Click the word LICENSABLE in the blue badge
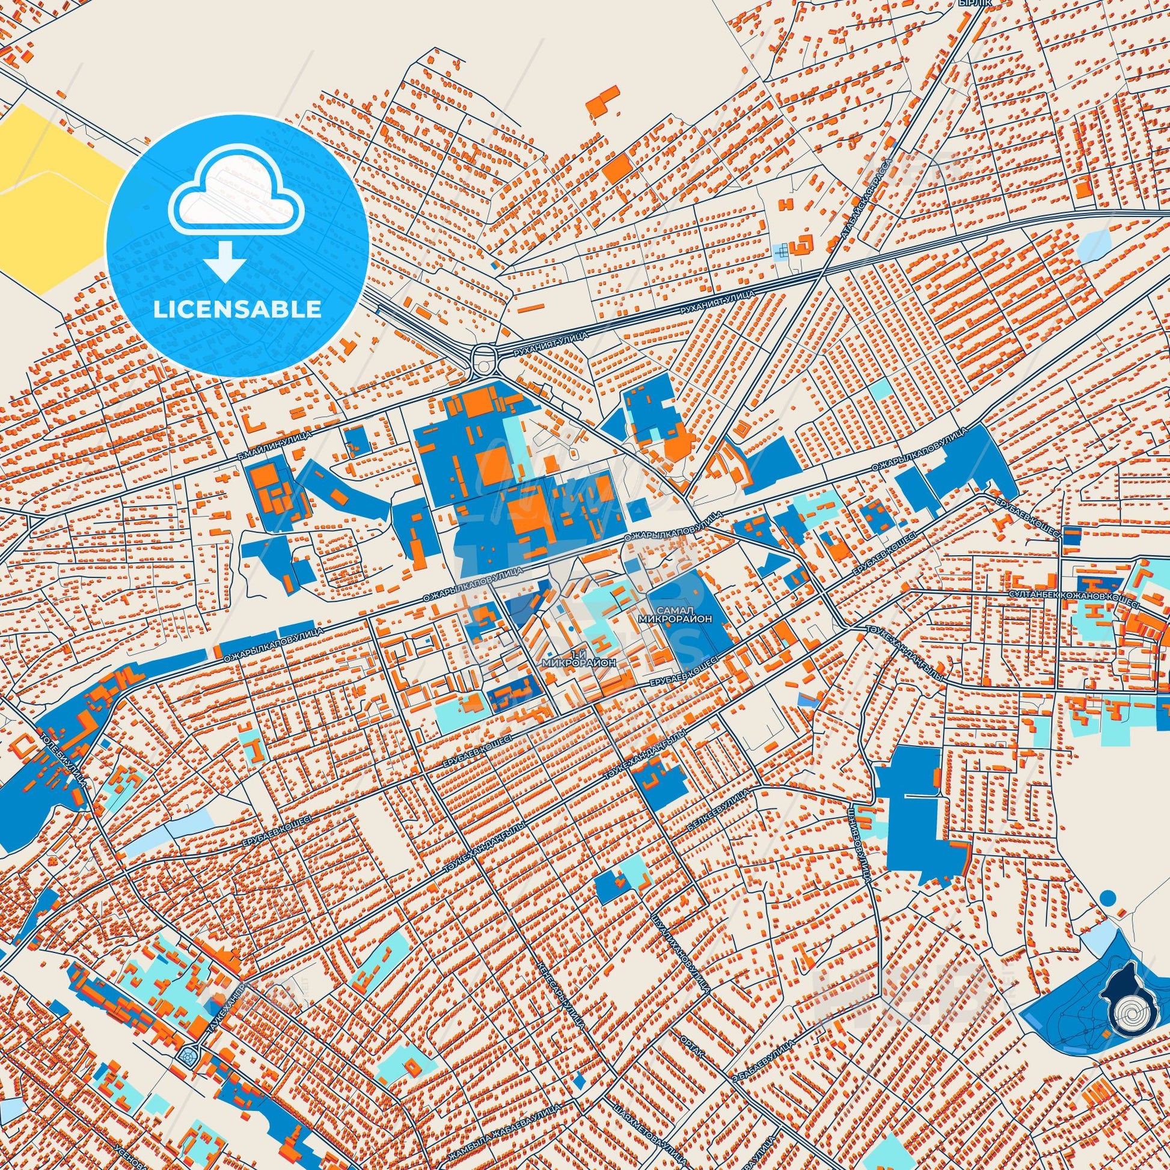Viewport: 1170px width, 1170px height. click(237, 309)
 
